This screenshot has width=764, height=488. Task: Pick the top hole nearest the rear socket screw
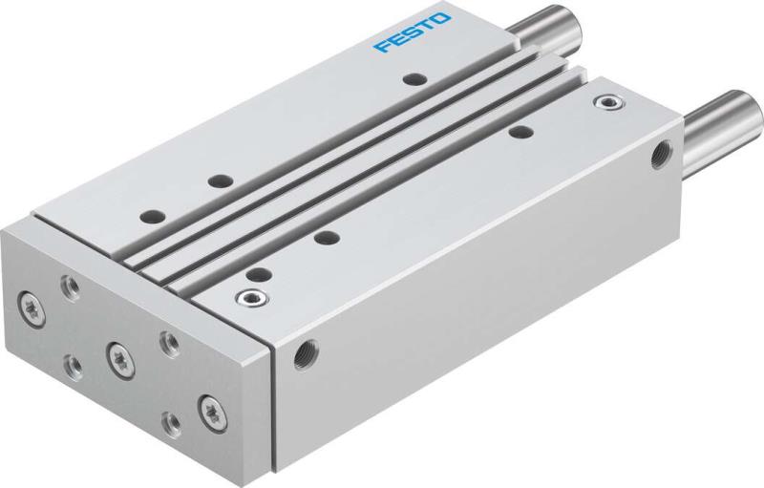pos(519,131)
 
